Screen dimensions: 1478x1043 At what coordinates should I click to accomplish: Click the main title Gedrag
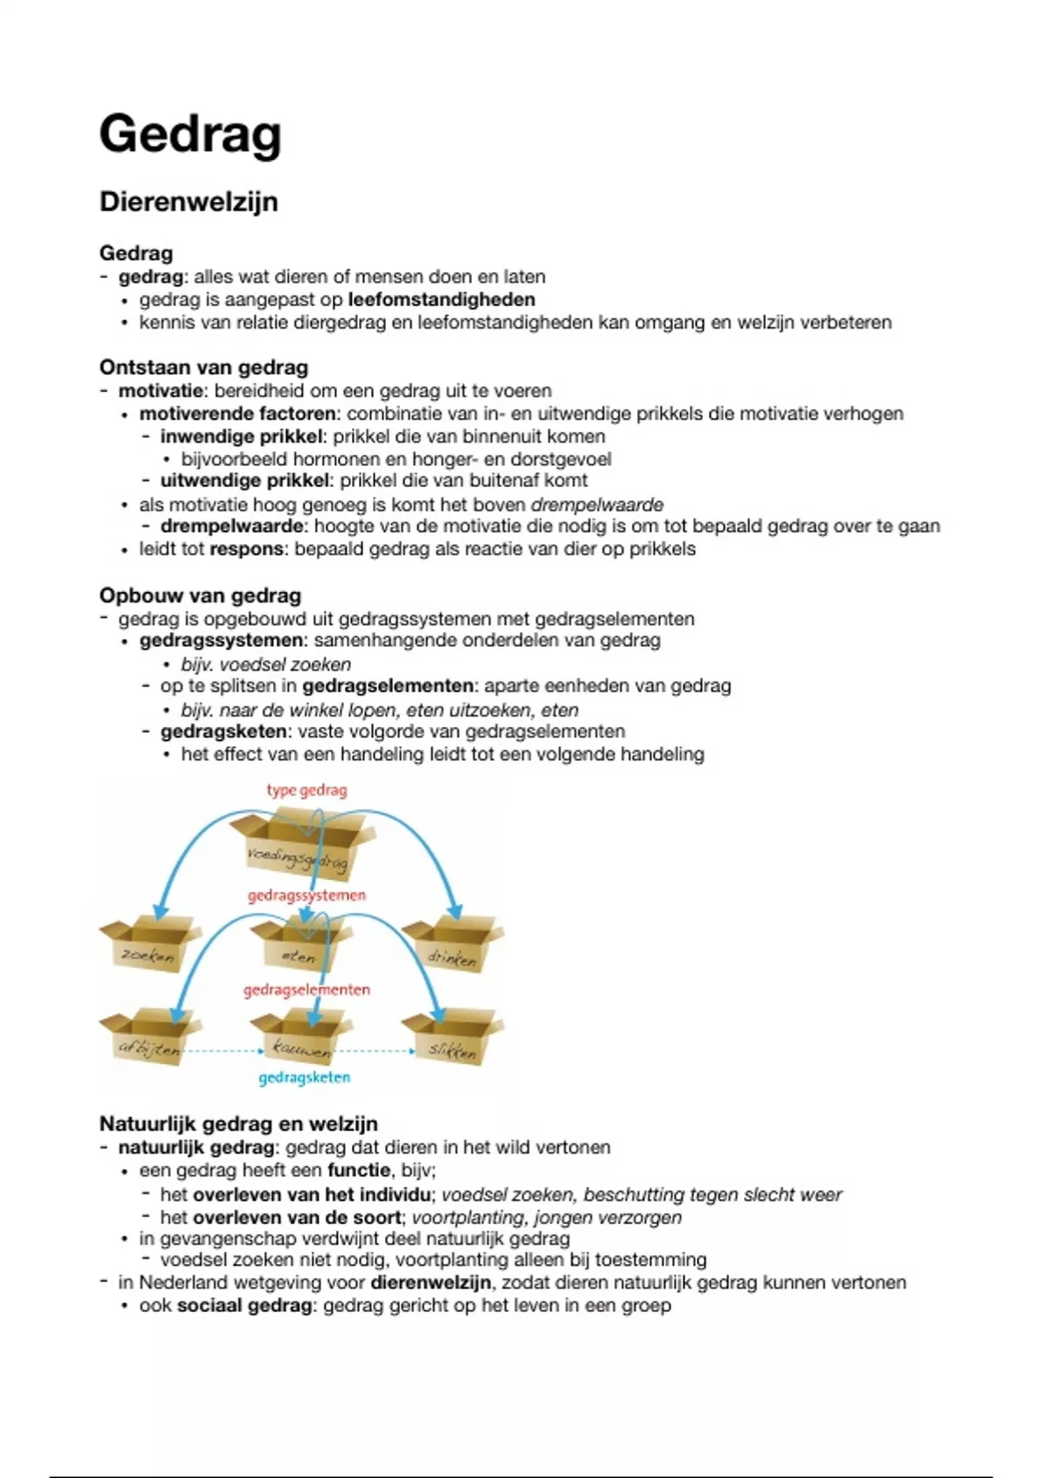pos(190,135)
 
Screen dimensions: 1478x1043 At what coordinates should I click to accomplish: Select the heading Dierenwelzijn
pos(189,202)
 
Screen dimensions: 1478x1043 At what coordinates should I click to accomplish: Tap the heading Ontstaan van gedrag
pos(203,367)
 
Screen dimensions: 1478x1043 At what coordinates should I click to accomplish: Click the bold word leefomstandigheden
pos(442,300)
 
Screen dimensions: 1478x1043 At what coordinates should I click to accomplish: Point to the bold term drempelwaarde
pos(232,526)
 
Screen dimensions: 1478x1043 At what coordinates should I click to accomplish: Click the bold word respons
pos(246,549)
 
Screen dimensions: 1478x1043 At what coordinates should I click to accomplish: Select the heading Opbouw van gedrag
pos(200,596)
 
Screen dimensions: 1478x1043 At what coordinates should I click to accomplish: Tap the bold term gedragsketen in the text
pos(223,731)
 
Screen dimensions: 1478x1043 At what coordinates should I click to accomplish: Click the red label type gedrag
pos(307,790)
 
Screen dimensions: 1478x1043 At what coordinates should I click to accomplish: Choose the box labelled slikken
pos(453,1041)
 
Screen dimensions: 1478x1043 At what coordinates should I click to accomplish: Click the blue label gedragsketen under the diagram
pos(304,1078)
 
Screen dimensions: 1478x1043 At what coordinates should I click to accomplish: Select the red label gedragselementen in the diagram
pos(307,990)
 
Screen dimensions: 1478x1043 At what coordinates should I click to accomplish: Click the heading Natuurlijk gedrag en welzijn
pos(238,1123)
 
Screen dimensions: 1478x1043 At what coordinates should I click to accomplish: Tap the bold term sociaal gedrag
pos(244,1306)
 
